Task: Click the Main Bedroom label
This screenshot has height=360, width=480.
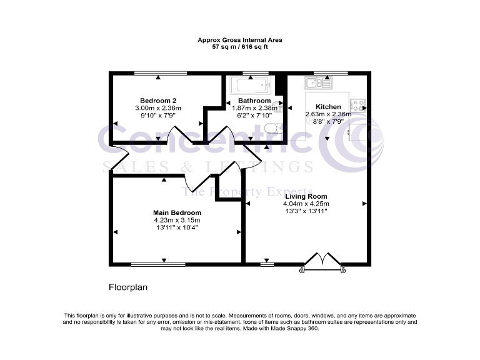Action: [177, 212]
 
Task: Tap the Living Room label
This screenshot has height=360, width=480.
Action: [306, 196]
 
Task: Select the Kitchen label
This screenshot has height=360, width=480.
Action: [328, 107]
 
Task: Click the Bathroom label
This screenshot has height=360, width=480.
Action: [254, 101]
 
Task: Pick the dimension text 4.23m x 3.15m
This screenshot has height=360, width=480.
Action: [177, 220]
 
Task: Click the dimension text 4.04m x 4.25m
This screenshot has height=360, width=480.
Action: [306, 204]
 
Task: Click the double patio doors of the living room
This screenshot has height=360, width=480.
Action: [322, 261]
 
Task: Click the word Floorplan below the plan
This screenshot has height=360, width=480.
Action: [127, 288]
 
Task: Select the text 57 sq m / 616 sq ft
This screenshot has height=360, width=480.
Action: [239, 47]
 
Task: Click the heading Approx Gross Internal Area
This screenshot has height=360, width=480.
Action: [239, 40]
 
